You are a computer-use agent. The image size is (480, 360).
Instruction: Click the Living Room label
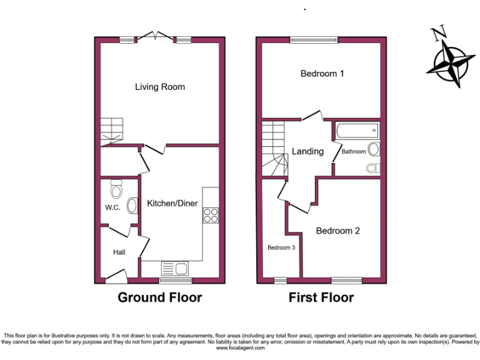click(x=160, y=87)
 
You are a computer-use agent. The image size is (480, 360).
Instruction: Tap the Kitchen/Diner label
click(x=172, y=203)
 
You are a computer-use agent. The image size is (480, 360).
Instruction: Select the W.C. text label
click(x=112, y=207)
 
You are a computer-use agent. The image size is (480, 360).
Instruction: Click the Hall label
click(x=119, y=252)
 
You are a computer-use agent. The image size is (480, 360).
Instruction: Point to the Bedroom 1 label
click(x=322, y=74)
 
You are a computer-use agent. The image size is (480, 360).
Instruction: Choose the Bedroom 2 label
click(x=337, y=231)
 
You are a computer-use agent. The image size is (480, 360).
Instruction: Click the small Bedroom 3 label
click(x=281, y=247)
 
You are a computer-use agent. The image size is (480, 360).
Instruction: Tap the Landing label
click(x=307, y=151)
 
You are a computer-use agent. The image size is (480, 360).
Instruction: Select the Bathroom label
click(x=353, y=151)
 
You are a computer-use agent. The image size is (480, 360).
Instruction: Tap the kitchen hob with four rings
click(x=211, y=215)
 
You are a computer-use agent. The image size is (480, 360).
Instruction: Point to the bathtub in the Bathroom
click(x=357, y=131)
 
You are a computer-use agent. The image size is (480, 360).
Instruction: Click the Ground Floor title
click(x=160, y=297)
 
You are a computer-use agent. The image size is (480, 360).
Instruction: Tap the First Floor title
click(x=321, y=297)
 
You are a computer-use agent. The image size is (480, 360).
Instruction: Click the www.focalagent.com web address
click(x=241, y=348)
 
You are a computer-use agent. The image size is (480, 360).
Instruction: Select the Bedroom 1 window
click(x=314, y=41)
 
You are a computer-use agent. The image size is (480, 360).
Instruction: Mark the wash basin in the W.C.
click(x=132, y=206)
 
